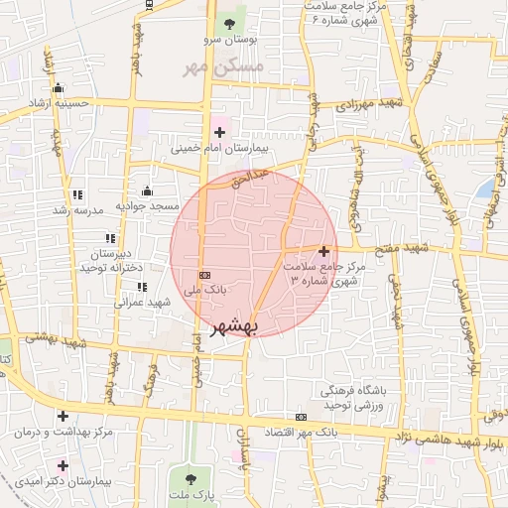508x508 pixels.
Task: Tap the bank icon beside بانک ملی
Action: pos(205,275)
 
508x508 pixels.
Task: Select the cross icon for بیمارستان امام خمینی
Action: pos(219,132)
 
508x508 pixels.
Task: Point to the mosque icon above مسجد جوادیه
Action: pos(148,190)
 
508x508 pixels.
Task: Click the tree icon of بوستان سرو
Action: pos(230,23)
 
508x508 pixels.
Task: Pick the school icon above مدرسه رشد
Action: pos(78,194)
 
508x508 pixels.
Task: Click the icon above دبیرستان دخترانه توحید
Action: pos(110,238)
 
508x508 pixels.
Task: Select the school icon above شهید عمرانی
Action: pos(142,287)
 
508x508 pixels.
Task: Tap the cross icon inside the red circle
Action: pos(324,251)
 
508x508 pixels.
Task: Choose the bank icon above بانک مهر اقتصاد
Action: pos(301,418)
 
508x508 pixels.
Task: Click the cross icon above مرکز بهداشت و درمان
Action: pos(63,417)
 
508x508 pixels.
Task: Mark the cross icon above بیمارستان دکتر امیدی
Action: pos(63,464)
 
